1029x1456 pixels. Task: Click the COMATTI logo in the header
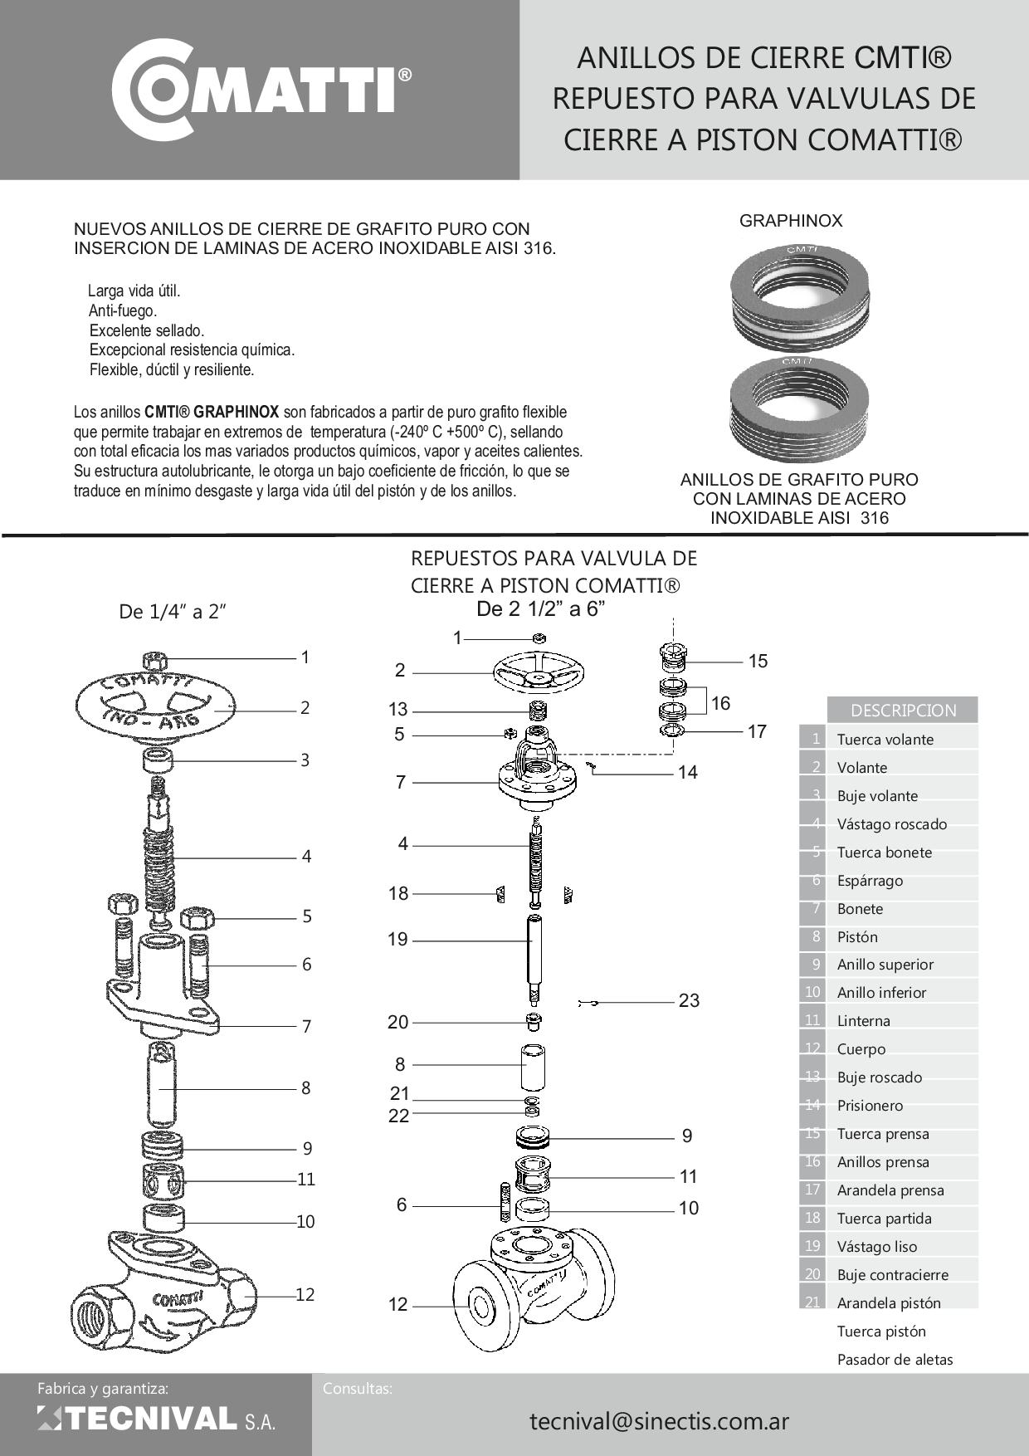point(261,88)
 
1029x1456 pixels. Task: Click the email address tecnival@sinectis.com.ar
point(659,1420)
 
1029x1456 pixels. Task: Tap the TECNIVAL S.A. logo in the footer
point(156,1419)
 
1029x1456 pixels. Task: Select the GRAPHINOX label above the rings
point(790,221)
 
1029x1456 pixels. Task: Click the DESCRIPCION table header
point(903,711)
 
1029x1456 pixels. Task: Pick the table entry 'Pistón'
point(857,936)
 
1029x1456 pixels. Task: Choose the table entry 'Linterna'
point(863,1021)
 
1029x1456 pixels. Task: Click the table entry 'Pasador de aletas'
point(895,1360)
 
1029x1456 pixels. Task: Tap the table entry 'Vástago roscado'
point(891,824)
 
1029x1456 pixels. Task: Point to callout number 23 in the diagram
point(689,1000)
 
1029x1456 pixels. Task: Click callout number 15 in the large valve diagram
point(758,662)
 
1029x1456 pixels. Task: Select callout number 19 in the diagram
point(397,940)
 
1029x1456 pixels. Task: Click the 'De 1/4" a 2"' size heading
point(173,613)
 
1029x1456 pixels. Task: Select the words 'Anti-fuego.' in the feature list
point(123,311)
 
